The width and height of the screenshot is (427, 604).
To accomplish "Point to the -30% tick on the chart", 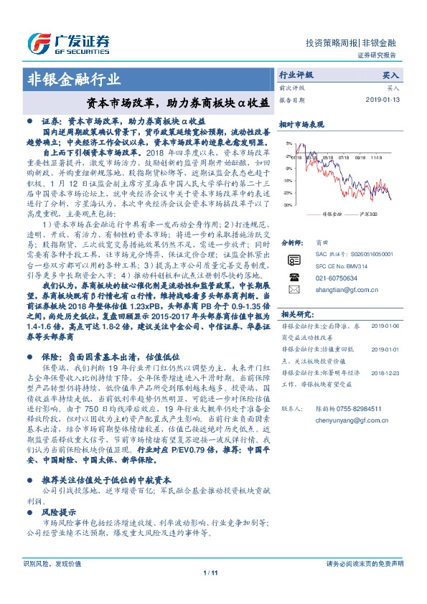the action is tap(287, 205).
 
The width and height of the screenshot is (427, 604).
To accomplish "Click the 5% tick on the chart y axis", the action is tap(288, 143).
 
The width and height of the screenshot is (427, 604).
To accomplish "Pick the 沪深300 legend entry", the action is tap(362, 214).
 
